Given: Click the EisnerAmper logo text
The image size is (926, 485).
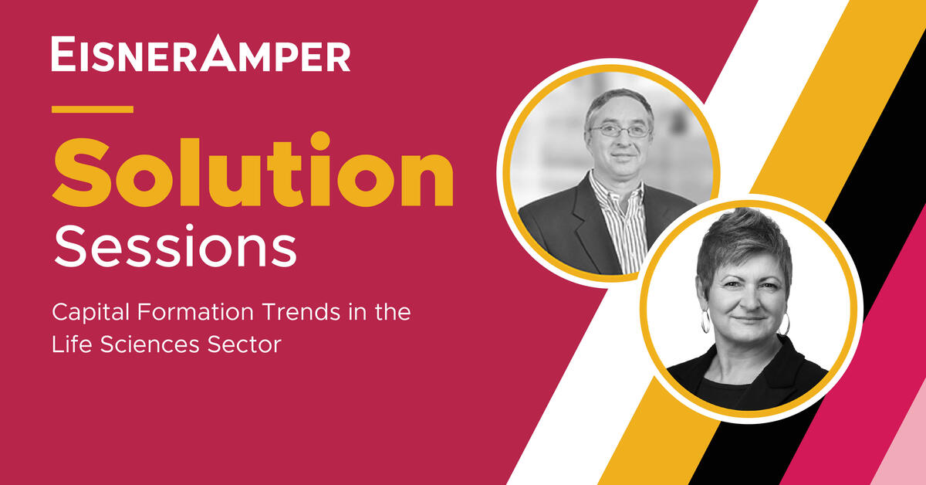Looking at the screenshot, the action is [x=201, y=53].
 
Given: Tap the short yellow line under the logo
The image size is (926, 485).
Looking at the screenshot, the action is [x=92, y=109].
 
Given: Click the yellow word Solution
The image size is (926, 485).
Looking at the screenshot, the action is [x=253, y=171].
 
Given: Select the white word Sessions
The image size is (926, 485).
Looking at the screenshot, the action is [x=175, y=246].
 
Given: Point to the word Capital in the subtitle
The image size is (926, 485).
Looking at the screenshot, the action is [x=90, y=313].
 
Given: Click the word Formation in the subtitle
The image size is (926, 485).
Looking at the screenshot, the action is [x=197, y=312].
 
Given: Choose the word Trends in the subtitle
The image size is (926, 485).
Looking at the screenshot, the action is [x=301, y=312].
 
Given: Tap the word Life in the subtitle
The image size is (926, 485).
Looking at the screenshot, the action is [x=72, y=344].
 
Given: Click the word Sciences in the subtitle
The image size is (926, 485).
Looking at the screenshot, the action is [x=150, y=344].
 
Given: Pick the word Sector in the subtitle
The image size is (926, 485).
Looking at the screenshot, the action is [x=245, y=344].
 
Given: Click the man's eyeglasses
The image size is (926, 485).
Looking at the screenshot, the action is [x=620, y=131].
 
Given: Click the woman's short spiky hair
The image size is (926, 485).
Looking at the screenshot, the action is [x=742, y=244].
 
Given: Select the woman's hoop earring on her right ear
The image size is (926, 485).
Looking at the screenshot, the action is [x=705, y=321].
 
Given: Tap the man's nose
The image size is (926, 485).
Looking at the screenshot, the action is [x=621, y=143].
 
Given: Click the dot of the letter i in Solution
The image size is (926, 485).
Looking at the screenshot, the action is [x=320, y=141].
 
